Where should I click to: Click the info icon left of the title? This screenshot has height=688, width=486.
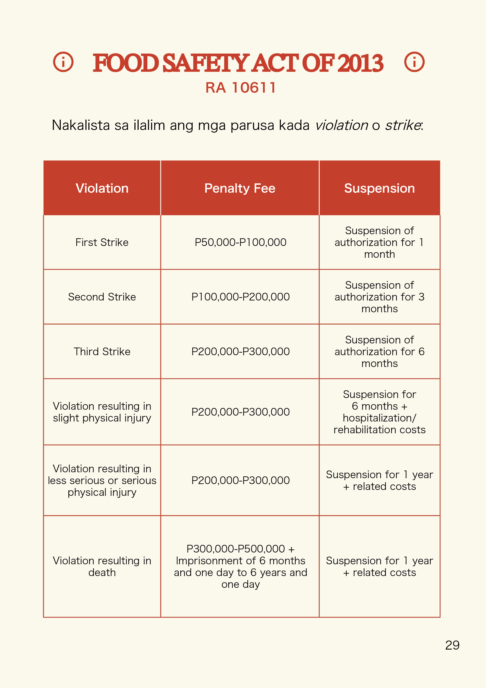(63, 62)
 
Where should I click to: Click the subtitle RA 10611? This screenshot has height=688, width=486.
(240, 88)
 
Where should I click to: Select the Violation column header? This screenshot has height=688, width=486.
(102, 188)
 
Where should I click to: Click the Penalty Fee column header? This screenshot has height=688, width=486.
(240, 188)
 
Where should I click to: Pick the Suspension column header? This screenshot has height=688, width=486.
(379, 188)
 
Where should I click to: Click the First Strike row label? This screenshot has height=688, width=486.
(102, 242)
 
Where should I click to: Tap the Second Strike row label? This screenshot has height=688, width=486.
(102, 297)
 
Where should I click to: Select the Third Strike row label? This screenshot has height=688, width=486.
(102, 351)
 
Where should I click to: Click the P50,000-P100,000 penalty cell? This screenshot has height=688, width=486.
(240, 242)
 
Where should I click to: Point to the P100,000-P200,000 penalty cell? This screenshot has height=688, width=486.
(240, 297)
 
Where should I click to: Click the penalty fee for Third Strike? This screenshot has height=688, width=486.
(240, 351)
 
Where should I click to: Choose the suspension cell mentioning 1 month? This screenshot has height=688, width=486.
(379, 242)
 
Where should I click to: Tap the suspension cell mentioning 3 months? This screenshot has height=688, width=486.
(379, 297)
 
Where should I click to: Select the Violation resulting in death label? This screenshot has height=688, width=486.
(102, 566)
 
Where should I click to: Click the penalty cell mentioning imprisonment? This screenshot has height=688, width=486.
(240, 566)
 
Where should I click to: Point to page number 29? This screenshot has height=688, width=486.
(452, 645)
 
